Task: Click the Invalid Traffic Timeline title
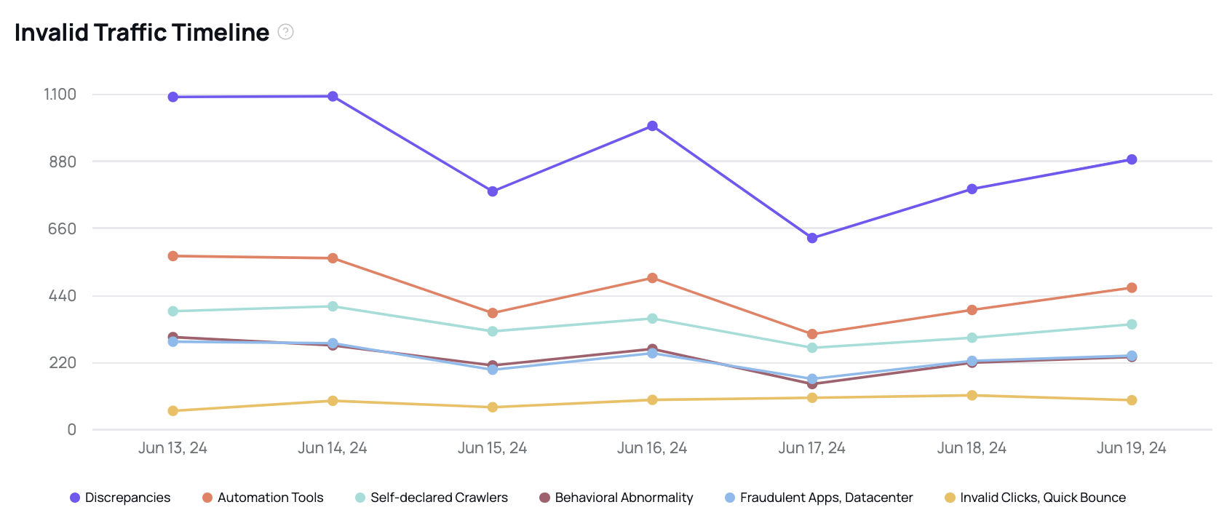(142, 33)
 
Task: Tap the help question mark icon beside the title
(286, 32)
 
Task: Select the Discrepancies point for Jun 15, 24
(493, 191)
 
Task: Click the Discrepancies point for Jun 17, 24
(812, 238)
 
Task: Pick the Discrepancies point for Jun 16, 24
(652, 126)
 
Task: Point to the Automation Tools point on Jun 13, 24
(173, 256)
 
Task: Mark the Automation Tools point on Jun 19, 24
(1132, 288)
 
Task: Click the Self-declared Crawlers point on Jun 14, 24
(333, 306)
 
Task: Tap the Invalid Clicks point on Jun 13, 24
(173, 411)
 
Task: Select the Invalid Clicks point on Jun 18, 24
(972, 396)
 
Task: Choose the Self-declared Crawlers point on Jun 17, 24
(812, 348)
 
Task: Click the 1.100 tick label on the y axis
(60, 95)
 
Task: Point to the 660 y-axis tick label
(63, 229)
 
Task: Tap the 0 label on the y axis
(71, 430)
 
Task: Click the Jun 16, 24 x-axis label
(652, 448)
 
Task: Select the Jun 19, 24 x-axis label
(1132, 448)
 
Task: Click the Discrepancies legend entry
(120, 498)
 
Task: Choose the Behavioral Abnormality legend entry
(616, 498)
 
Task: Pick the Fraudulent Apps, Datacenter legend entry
(819, 498)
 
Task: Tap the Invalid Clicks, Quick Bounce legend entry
(1035, 498)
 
